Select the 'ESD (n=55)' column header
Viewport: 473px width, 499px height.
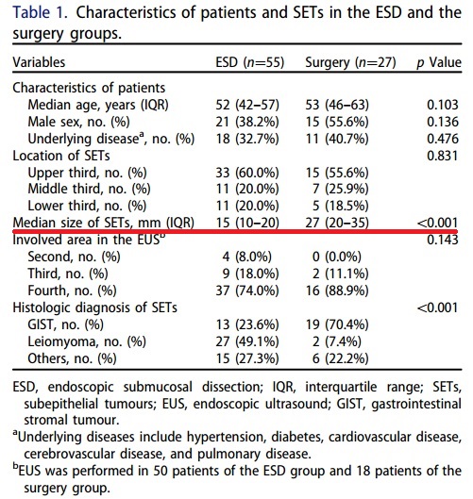click(x=250, y=62)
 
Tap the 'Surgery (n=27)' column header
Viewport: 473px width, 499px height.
click(x=350, y=62)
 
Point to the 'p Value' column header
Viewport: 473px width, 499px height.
click(x=439, y=62)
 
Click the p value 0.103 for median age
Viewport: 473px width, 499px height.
click(x=443, y=105)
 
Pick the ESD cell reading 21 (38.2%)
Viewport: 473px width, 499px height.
click(x=247, y=122)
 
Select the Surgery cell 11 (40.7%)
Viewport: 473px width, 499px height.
click(x=337, y=139)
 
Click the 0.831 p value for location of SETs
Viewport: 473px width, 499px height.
click(x=443, y=156)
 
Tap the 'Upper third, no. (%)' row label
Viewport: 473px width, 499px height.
click(x=87, y=173)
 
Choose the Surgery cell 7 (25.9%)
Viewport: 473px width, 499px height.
click(x=341, y=189)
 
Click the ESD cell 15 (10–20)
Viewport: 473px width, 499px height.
click(x=247, y=223)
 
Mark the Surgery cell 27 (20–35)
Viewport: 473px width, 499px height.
click(x=337, y=223)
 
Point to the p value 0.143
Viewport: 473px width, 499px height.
click(x=443, y=240)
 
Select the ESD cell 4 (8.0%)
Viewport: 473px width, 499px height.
click(x=246, y=257)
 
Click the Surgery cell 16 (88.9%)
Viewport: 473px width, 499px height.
click(x=337, y=291)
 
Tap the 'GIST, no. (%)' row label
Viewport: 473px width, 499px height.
click(x=65, y=324)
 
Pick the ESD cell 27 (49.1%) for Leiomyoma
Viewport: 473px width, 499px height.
click(x=247, y=341)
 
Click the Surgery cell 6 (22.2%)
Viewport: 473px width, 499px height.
click(x=341, y=358)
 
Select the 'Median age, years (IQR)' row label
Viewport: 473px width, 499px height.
click(x=98, y=105)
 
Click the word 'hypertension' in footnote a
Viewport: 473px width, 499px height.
click(x=227, y=438)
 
